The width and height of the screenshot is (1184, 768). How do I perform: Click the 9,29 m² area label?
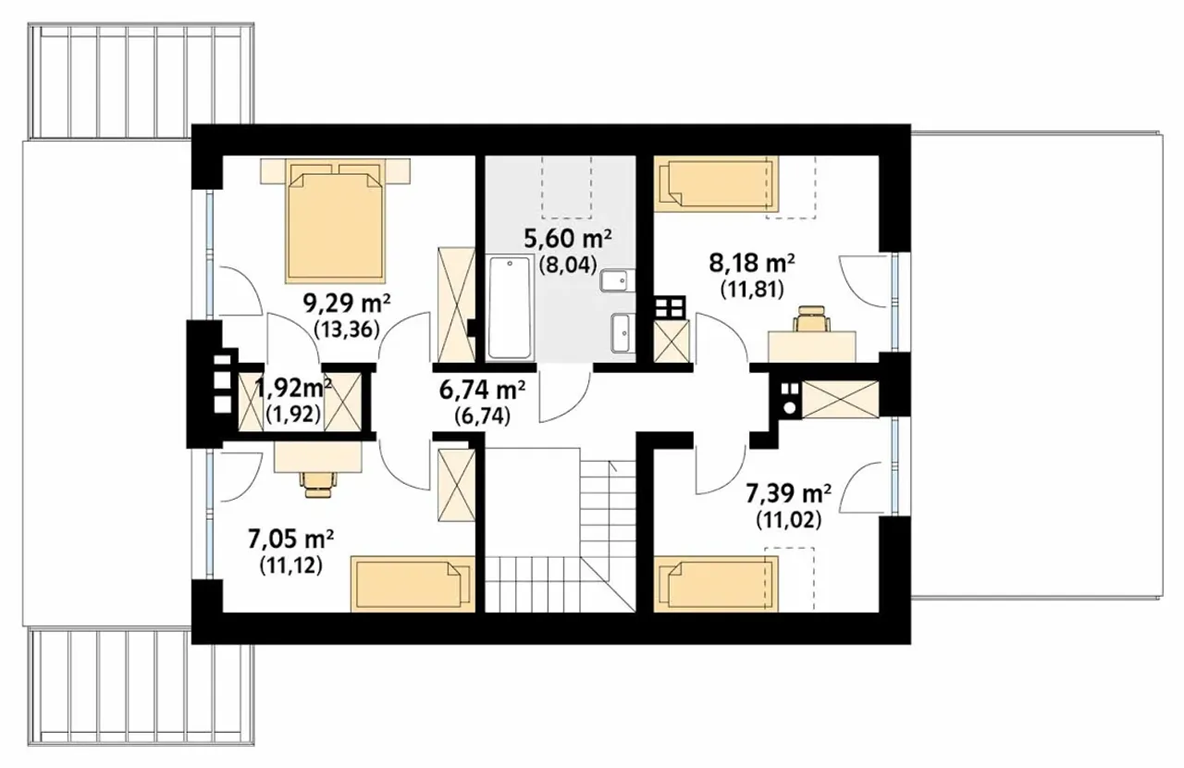pyautogui.click(x=347, y=304)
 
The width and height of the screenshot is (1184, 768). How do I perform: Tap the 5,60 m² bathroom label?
pyautogui.click(x=568, y=239)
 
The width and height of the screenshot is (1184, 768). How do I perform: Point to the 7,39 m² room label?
pyautogui.click(x=788, y=494)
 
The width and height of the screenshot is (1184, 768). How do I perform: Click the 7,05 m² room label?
pyautogui.click(x=290, y=540)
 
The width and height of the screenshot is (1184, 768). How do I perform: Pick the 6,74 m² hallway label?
pyautogui.click(x=482, y=390)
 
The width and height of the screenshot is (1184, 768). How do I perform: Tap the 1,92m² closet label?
pyautogui.click(x=293, y=389)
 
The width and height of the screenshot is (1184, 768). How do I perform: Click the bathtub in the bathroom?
pyautogui.click(x=509, y=308)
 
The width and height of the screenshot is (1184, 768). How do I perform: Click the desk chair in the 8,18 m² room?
pyautogui.click(x=811, y=319)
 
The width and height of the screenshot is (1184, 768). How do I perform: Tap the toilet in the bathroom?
pyautogui.click(x=613, y=280)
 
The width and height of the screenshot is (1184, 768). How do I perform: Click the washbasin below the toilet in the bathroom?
pyautogui.click(x=620, y=333)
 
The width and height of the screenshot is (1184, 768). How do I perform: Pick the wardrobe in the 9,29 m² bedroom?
pyautogui.click(x=457, y=305)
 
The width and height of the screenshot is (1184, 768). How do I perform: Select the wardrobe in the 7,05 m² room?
pyautogui.click(x=457, y=485)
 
